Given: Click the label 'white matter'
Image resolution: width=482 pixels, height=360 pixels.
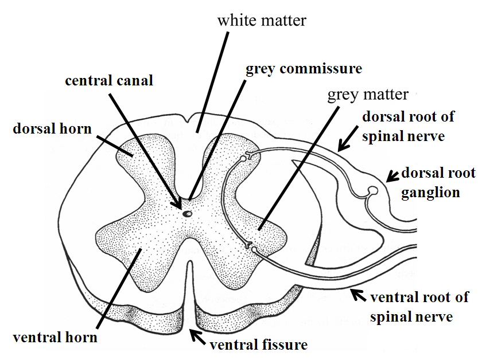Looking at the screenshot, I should click(x=261, y=21).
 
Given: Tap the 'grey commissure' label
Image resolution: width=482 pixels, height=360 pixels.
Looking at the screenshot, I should click(x=304, y=69).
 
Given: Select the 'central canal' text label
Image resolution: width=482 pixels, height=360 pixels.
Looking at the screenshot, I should click(x=109, y=80).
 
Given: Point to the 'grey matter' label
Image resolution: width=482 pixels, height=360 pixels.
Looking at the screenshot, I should click(x=367, y=93).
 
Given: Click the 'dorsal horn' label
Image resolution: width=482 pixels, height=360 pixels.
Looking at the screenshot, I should click(x=52, y=128).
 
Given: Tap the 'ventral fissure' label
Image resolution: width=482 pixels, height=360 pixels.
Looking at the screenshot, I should click(x=259, y=344).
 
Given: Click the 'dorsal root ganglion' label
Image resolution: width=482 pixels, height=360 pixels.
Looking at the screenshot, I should click(x=439, y=182).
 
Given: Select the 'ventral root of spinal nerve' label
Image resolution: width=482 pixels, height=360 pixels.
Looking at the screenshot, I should click(x=419, y=306).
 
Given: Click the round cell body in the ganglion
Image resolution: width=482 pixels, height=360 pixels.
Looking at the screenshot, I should click(x=374, y=190).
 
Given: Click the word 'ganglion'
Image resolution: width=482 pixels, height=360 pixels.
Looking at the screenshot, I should click(x=439, y=192).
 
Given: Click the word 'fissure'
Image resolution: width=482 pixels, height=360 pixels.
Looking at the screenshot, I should click(x=285, y=344).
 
